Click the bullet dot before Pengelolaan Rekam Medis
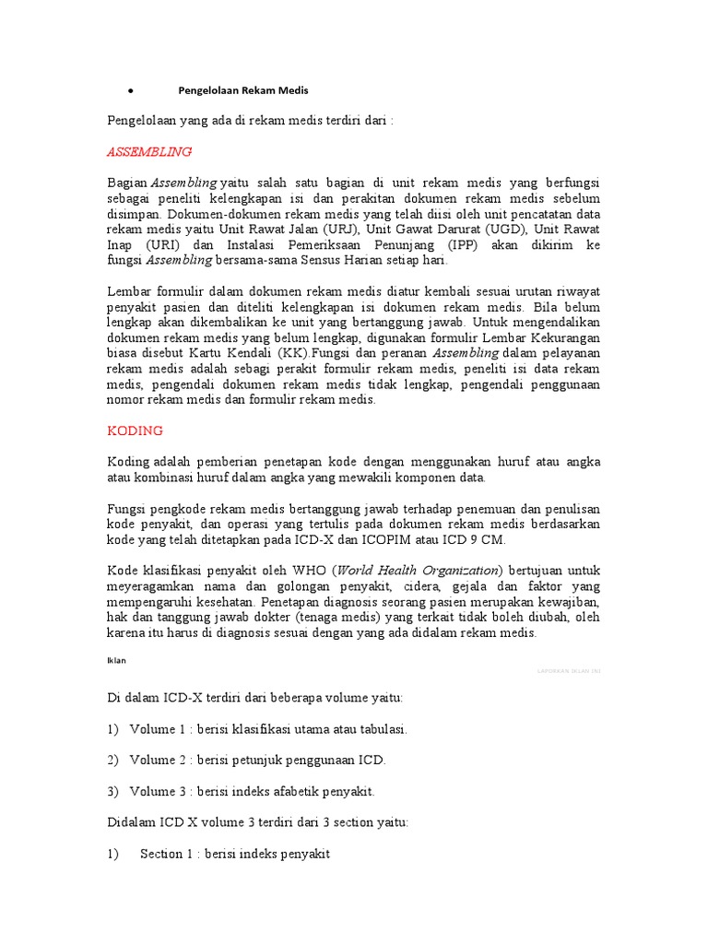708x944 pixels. pos(133,91)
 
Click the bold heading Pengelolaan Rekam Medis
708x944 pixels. pos(242,90)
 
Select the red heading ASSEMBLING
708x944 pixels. pos(148,150)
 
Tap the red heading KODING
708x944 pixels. pos(135,431)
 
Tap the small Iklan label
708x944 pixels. pos(116,659)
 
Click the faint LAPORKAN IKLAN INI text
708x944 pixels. pos(568,671)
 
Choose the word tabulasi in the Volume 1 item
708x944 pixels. pos(380,728)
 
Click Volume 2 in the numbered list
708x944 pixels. pos(158,760)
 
